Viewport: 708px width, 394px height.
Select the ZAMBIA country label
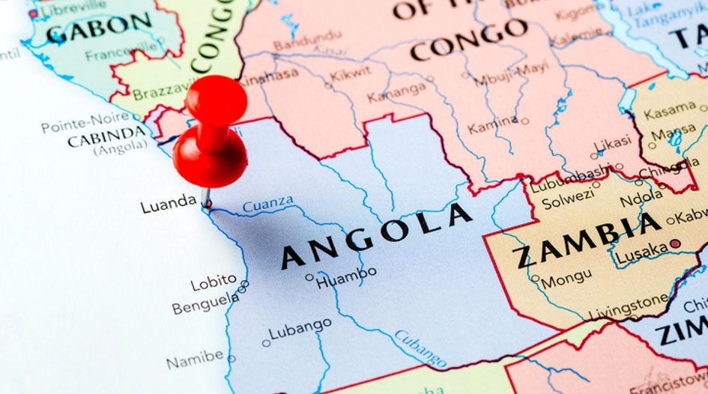pyautogui.click(x=588, y=241)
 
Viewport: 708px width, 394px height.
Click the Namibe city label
pyautogui.click(x=194, y=359)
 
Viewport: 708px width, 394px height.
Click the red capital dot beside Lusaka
pyautogui.click(x=675, y=243)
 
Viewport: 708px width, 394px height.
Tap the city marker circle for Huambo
pyautogui.click(x=309, y=277)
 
